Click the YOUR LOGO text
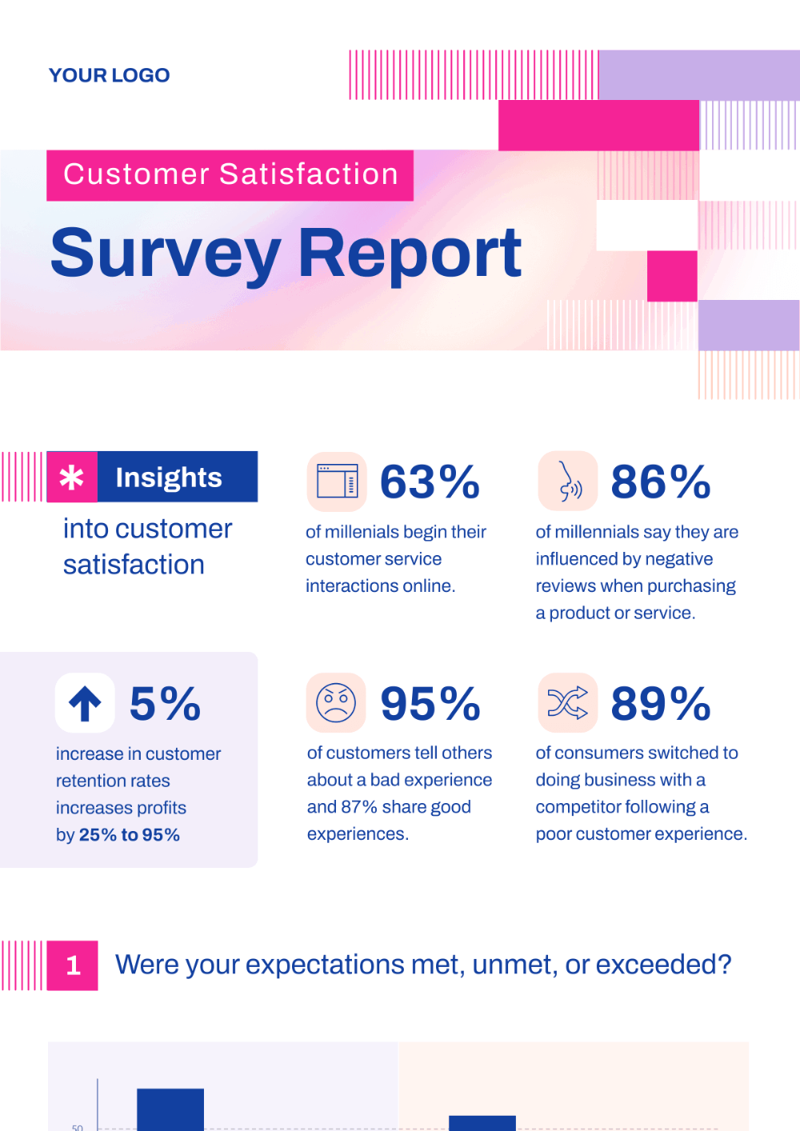point(109,75)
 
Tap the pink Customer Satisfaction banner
point(230,174)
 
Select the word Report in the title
point(410,254)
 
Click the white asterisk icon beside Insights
point(72,478)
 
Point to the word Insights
point(169,478)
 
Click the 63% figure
point(430,482)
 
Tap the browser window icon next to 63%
point(337,482)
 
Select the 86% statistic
point(661,482)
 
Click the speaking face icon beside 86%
point(569,482)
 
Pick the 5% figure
point(165,704)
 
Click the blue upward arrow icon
point(85,704)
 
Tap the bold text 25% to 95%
point(130,835)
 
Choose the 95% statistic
point(430,704)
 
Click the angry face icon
point(336,703)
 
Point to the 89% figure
point(661,704)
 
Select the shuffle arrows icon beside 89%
point(568,703)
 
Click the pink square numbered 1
point(73,965)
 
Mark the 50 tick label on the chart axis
point(78,1127)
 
